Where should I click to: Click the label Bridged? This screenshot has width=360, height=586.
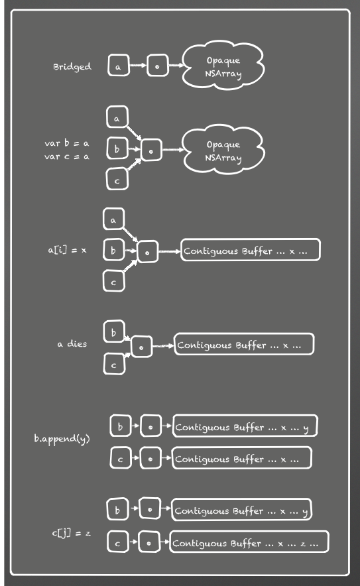click(72, 67)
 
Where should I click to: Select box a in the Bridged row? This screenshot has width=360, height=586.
click(119, 66)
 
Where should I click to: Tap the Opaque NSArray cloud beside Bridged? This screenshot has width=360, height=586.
click(223, 66)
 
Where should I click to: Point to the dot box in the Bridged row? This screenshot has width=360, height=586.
click(157, 66)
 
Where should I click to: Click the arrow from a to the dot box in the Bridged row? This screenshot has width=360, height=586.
click(139, 66)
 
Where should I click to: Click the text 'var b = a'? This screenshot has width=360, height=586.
click(66, 143)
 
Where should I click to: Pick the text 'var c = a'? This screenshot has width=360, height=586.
click(66, 156)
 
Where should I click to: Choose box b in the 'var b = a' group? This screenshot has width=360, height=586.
click(117, 148)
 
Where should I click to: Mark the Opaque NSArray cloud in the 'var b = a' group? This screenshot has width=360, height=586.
click(223, 150)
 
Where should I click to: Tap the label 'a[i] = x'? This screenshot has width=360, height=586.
click(67, 250)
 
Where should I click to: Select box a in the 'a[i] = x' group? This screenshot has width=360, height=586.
click(113, 219)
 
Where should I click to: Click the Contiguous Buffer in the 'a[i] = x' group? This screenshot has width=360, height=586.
click(251, 250)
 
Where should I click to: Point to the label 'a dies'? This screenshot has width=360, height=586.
click(72, 343)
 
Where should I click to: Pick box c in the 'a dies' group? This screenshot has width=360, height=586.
click(114, 364)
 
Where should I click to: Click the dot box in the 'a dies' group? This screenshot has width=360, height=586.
click(142, 347)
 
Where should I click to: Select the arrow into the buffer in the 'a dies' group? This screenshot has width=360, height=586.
click(163, 345)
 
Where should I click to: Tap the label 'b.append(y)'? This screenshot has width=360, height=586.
click(62, 438)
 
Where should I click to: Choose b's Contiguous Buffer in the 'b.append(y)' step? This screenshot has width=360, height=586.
click(245, 426)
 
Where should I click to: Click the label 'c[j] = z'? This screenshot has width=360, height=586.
click(72, 532)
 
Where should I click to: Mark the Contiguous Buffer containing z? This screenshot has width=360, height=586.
click(249, 542)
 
